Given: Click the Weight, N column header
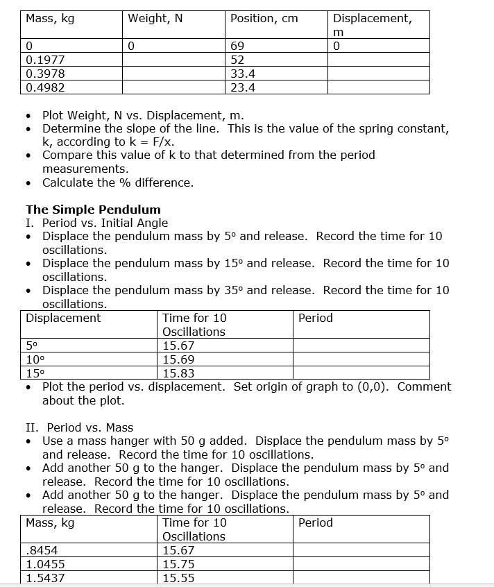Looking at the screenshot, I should tap(155, 19).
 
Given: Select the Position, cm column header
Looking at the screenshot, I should tap(264, 19).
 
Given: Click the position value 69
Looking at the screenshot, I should tap(237, 46).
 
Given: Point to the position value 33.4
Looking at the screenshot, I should tap(243, 74).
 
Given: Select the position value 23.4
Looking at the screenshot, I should tap(243, 87).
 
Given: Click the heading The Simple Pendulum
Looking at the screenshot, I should tap(93, 210).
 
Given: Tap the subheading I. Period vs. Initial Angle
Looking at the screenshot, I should tap(96, 223).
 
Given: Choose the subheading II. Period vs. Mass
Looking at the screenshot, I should tap(79, 427).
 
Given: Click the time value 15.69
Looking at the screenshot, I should tap(178, 359).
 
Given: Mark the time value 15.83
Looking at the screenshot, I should tap(178, 373).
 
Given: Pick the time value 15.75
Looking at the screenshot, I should tap(178, 564).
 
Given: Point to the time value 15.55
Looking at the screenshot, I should tap(178, 578).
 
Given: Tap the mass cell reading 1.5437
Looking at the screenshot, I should tap(44, 578).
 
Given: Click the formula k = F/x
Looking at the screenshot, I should tap(144, 142).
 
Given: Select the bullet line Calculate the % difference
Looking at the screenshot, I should tap(118, 182).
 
